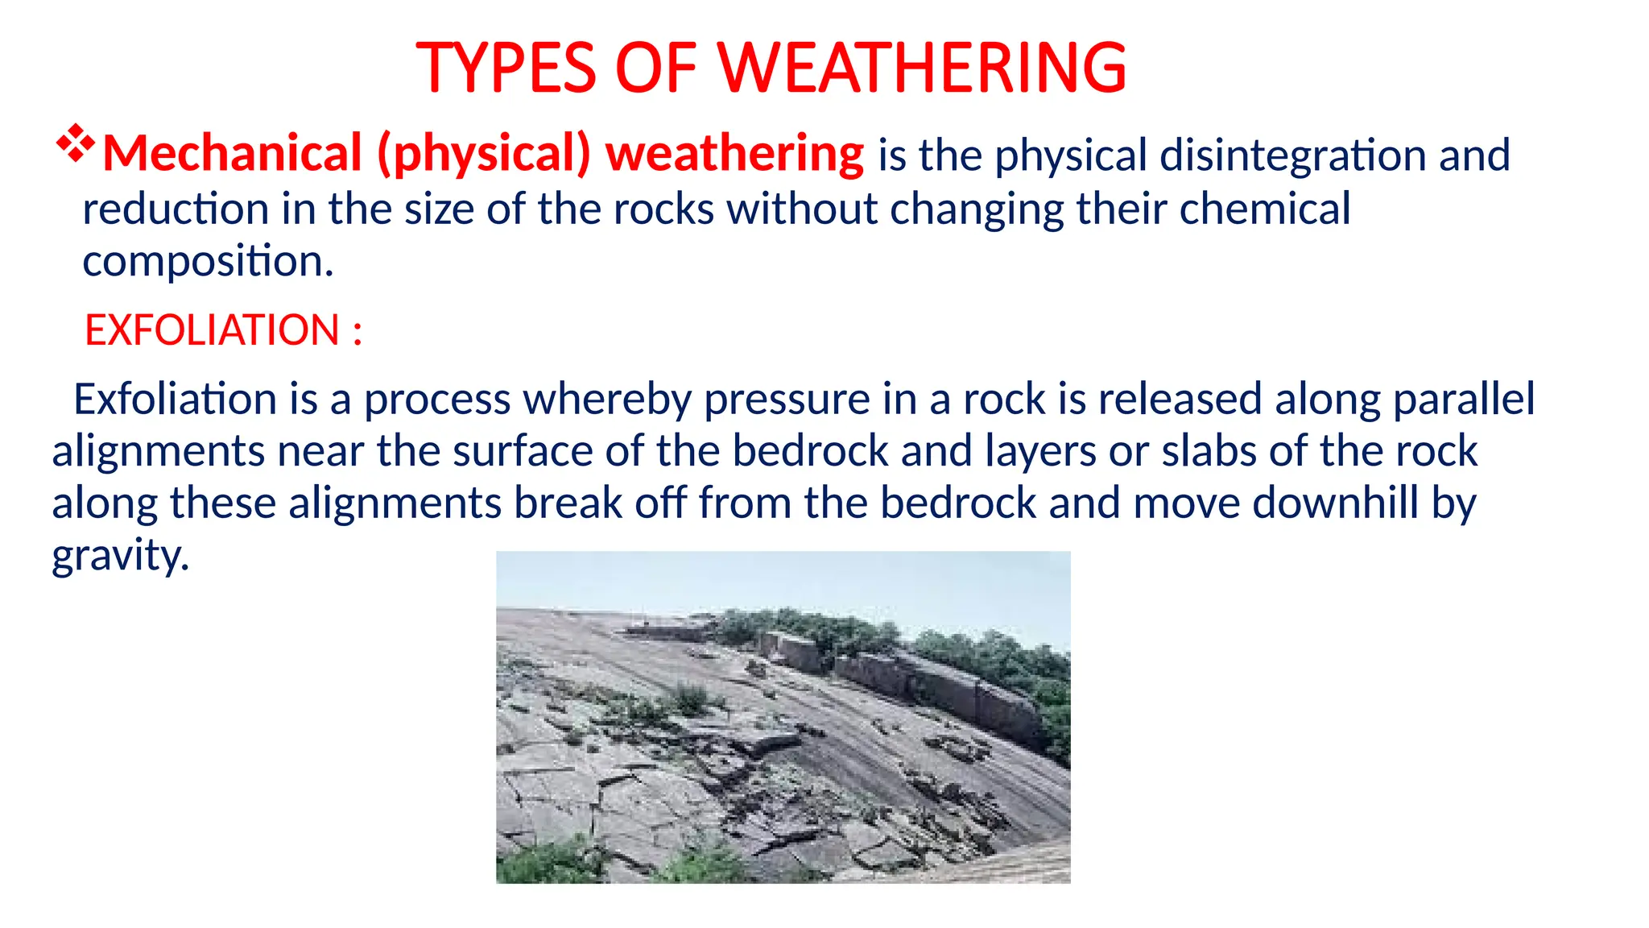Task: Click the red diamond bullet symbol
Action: [x=76, y=143]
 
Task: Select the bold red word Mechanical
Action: [x=233, y=154]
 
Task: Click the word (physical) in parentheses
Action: [x=484, y=154]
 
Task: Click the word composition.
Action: [x=206, y=262]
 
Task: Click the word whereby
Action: [x=608, y=400]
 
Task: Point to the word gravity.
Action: [x=120, y=556]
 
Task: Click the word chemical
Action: [x=1265, y=209]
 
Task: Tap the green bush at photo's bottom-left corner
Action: [x=548, y=862]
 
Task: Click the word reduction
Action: [x=176, y=209]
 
